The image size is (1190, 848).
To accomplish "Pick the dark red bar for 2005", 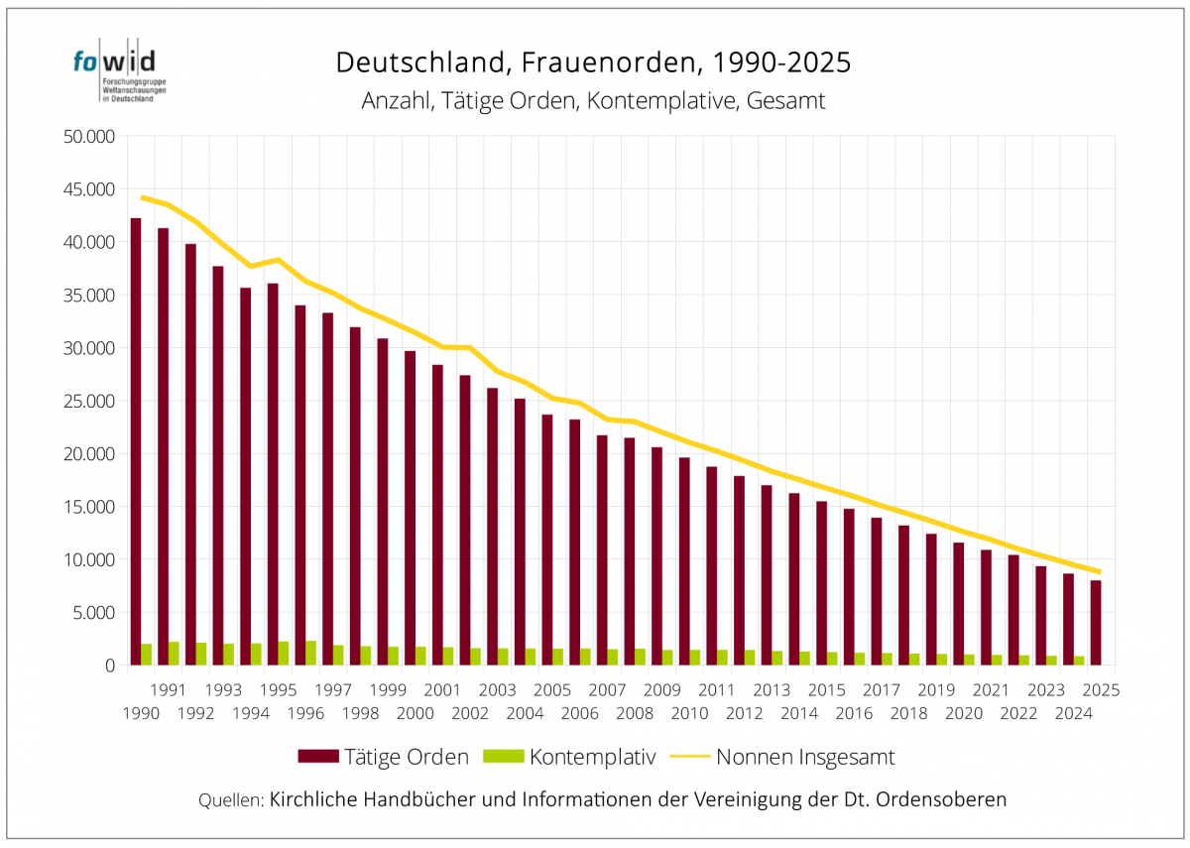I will pos(546,540).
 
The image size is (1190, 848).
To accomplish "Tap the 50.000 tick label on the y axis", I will pos(88,137).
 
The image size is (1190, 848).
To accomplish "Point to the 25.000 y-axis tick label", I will pos(88,401).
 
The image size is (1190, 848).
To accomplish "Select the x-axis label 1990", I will pos(142,712).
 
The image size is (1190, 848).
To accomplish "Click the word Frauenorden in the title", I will pos(589,62).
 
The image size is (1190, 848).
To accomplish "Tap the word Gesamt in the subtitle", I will pos(790,101).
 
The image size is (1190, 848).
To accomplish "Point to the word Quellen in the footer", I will pos(231,799).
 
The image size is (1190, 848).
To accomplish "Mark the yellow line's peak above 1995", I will pos(280,259).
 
